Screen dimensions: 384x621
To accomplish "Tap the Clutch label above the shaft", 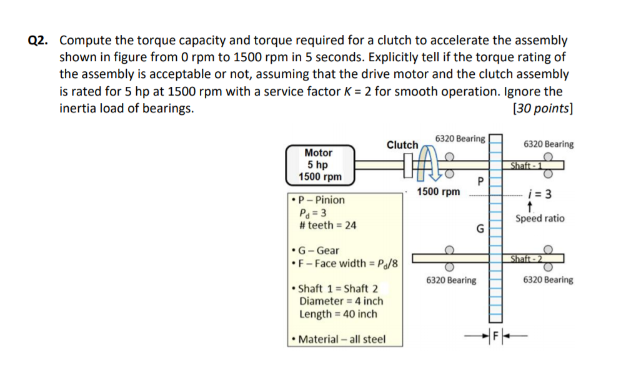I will click(402, 145).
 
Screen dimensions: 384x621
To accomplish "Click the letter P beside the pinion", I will click(480, 182).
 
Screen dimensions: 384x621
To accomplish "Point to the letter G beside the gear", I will click(480, 229).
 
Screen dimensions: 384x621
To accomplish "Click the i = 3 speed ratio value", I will click(539, 194).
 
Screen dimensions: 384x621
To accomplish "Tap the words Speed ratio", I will click(539, 219).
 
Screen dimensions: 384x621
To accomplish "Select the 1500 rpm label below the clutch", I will click(438, 192).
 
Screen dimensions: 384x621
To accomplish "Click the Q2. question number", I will click(38, 41).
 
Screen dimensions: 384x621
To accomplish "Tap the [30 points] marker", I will click(542, 107).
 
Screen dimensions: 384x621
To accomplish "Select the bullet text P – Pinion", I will click(321, 200).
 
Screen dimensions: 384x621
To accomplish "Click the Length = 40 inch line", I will click(338, 313).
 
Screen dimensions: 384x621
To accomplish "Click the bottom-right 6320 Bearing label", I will click(548, 280).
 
